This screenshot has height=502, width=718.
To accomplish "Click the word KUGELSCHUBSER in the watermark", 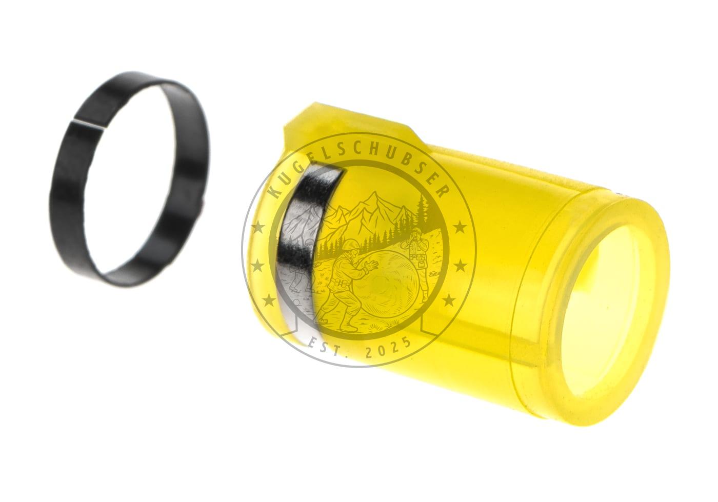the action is point(358,166).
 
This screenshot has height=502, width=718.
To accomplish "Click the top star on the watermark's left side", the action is point(258,228).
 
